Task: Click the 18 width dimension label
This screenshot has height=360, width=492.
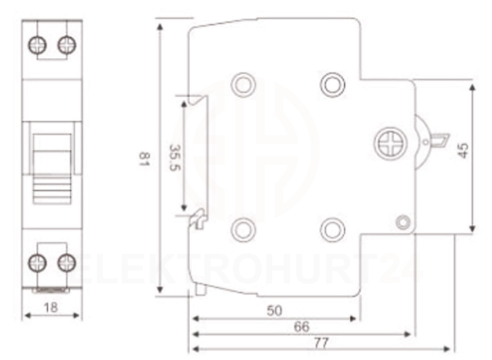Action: pyautogui.click(x=51, y=307)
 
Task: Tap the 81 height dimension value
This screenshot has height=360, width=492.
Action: pyautogui.click(x=144, y=159)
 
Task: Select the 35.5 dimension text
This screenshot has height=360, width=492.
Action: pyautogui.click(x=175, y=157)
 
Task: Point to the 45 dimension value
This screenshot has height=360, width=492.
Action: pyautogui.click(x=463, y=150)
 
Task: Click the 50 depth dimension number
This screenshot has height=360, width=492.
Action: pyautogui.click(x=275, y=311)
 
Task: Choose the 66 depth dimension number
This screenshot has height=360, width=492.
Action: pyautogui.click(x=302, y=327)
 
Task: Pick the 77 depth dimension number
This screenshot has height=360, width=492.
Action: pyautogui.click(x=321, y=343)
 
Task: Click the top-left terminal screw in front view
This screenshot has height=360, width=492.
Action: pyautogui.click(x=37, y=45)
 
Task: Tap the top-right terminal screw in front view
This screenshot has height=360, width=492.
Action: pyautogui.click(x=66, y=45)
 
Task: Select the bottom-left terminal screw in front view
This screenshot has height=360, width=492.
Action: pyautogui.click(x=37, y=263)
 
